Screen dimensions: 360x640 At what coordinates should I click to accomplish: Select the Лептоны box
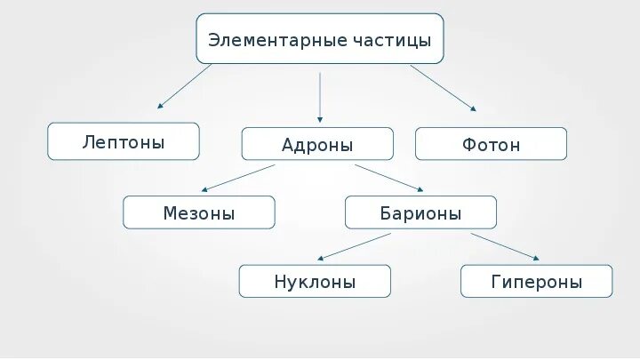click(x=124, y=141)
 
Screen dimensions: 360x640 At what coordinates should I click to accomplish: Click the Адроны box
click(x=317, y=145)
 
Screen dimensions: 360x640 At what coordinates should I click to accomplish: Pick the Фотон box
click(x=491, y=144)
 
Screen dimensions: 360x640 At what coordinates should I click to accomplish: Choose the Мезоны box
click(x=199, y=212)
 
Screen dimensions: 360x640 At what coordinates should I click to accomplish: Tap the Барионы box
click(x=420, y=213)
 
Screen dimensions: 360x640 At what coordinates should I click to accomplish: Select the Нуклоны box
click(x=315, y=282)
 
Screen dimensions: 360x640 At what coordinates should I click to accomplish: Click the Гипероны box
click(x=536, y=282)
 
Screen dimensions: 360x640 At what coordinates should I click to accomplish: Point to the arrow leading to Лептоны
click(x=185, y=86)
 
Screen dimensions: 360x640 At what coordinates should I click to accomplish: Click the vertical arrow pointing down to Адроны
click(x=320, y=96)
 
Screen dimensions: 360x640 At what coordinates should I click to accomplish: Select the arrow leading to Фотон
click(x=443, y=87)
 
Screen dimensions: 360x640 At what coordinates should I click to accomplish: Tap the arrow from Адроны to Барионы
click(x=389, y=177)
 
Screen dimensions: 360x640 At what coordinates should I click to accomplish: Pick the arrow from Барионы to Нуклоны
click(x=354, y=246)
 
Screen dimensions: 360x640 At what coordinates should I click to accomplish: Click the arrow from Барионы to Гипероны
click(x=505, y=246)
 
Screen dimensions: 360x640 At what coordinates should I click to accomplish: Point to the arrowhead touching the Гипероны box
click(x=535, y=259)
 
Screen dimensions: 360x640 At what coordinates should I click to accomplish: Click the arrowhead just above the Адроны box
click(x=320, y=119)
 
